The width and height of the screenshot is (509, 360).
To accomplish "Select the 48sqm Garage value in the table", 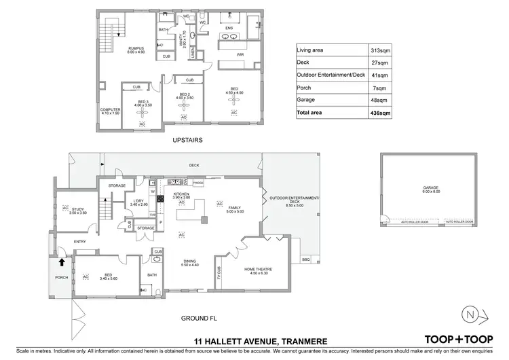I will [383, 100].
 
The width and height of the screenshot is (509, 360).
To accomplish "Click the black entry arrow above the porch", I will [62, 259].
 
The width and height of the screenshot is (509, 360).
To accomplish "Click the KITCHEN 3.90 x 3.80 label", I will [182, 196].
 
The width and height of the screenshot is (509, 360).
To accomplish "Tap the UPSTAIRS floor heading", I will [188, 140].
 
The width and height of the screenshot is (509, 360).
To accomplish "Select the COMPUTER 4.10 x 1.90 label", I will [109, 111].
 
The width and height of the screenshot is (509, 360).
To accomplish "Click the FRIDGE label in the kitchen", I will [198, 183].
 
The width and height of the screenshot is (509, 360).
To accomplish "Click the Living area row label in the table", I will [312, 50].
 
